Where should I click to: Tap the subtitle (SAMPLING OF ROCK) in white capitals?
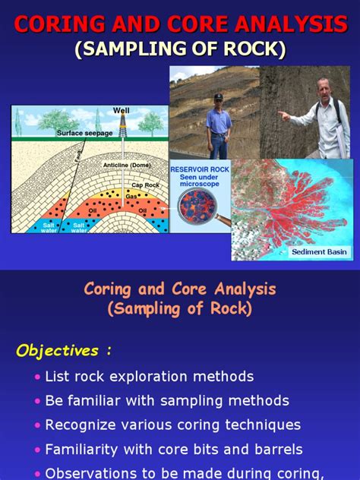[x=180, y=50]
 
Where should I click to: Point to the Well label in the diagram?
[x=121, y=111]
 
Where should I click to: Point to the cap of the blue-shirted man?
[x=219, y=98]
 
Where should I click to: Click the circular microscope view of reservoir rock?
[x=197, y=207]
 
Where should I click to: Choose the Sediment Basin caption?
[x=319, y=251]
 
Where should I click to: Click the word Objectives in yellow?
[x=58, y=350]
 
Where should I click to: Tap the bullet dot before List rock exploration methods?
[x=37, y=377]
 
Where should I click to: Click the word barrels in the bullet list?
[x=277, y=449]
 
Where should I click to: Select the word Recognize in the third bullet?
[x=81, y=425]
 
